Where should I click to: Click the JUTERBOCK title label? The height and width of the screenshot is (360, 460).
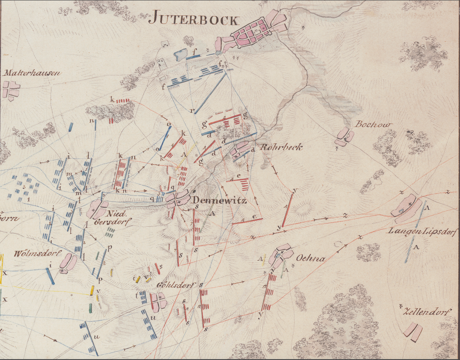194,19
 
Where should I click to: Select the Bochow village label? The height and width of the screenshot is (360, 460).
373,124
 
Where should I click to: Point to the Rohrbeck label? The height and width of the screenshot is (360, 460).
281,147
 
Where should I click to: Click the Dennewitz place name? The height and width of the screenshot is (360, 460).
220,201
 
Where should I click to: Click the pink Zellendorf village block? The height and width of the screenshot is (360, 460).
413,330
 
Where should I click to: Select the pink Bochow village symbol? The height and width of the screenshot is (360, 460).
344,136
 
